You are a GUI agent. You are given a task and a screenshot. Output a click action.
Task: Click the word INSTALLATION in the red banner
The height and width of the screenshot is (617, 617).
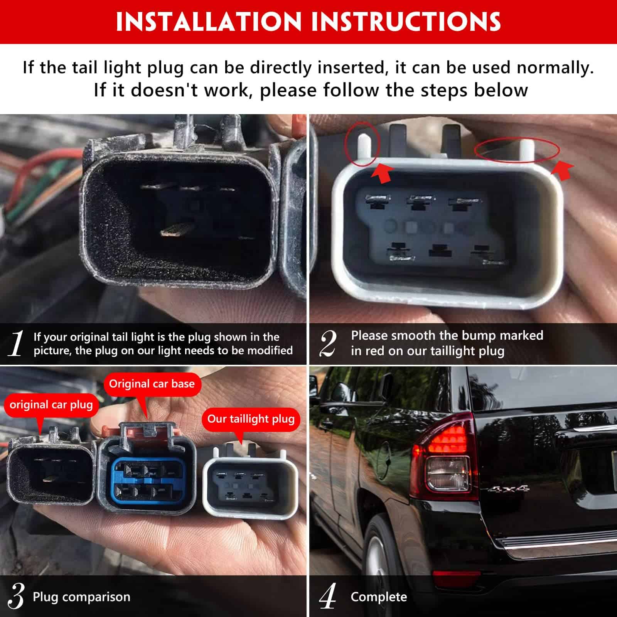tap(209, 22)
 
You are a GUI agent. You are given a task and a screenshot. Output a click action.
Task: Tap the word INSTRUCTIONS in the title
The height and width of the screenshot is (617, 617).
tap(406, 22)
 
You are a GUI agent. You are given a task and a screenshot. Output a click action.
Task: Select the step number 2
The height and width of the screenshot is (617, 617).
tap(328, 343)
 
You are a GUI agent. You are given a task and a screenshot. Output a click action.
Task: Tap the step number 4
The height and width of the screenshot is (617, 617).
tap(328, 596)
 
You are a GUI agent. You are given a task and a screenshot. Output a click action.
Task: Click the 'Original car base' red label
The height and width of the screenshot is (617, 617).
tap(152, 384)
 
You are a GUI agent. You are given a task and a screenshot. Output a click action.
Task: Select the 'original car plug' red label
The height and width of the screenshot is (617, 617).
tap(51, 405)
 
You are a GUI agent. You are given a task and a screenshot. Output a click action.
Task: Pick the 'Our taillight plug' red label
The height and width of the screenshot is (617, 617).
tap(251, 419)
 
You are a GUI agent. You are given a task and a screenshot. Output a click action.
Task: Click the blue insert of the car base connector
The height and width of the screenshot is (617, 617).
tap(148, 482)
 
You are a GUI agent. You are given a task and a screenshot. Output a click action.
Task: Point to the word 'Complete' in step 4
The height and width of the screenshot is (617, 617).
tap(379, 597)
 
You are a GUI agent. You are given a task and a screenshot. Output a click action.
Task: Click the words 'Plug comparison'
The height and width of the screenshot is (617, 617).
tap(81, 597)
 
